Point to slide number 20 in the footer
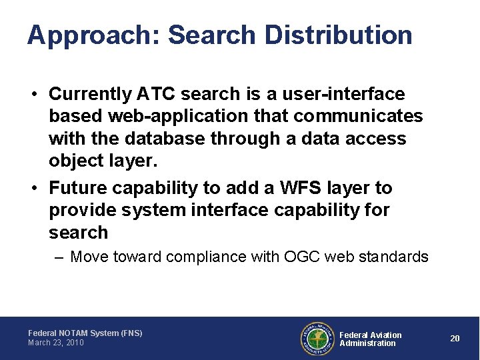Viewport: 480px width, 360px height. (455, 339)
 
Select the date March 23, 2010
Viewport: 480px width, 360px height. (56, 343)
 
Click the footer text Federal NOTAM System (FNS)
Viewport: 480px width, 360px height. (85, 333)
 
